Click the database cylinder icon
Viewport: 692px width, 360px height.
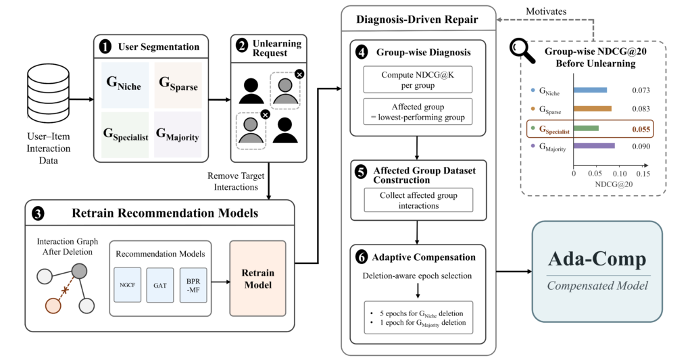(49, 95)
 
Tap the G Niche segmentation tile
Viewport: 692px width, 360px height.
(125, 85)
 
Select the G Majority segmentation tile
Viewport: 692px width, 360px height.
(178, 134)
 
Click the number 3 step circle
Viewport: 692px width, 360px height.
(38, 214)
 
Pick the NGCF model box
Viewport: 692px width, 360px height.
(128, 285)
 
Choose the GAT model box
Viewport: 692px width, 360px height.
(160, 286)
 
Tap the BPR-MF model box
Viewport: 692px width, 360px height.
(193, 286)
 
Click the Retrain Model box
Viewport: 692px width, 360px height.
(257, 278)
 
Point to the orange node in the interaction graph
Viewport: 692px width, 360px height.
(53, 306)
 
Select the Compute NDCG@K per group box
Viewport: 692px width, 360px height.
(418, 80)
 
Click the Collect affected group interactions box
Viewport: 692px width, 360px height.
(418, 201)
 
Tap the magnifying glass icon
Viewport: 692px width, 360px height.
(522, 51)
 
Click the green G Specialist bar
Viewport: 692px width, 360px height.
(586, 128)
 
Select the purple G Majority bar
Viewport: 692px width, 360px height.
(594, 146)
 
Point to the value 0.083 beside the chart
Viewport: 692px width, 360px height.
(641, 109)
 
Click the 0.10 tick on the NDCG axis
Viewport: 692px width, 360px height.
(620, 174)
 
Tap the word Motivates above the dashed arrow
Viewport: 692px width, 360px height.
(546, 11)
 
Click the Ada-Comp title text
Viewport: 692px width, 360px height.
(597, 259)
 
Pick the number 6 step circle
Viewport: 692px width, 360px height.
(362, 257)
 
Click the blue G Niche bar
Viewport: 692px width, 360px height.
(590, 90)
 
